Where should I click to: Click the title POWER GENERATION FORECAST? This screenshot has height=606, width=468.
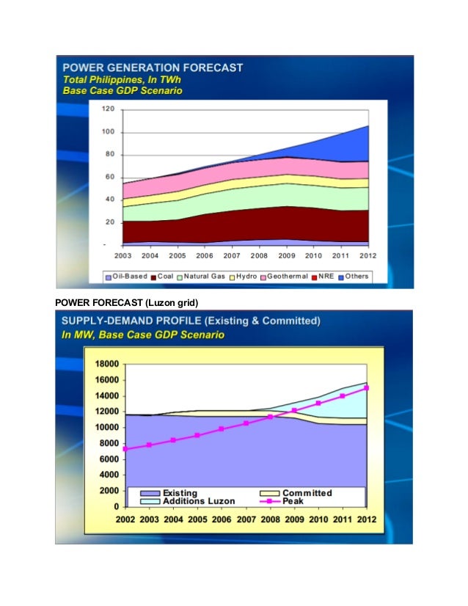click(x=153, y=67)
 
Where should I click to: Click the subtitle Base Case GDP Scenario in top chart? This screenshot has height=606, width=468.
click(x=123, y=91)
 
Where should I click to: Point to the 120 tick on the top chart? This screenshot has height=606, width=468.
click(x=108, y=109)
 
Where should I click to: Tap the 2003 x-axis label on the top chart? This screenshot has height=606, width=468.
click(x=123, y=255)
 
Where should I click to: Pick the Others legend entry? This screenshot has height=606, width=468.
click(x=354, y=277)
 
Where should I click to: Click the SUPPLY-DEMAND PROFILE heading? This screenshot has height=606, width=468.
click(x=191, y=321)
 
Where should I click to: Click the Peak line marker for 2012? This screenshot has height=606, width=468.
click(x=366, y=388)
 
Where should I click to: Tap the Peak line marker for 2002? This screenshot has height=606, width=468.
click(x=126, y=449)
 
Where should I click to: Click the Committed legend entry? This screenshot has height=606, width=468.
click(x=307, y=492)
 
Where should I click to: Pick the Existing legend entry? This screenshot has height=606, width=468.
click(x=179, y=492)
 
